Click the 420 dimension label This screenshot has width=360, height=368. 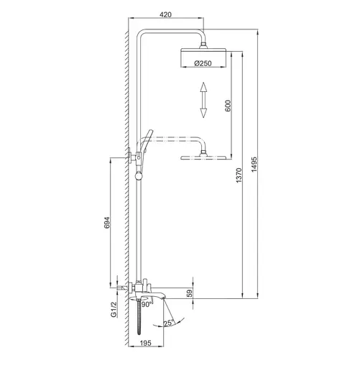[165, 14]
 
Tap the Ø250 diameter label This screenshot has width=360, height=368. [203, 63]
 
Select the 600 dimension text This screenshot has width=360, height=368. [228, 106]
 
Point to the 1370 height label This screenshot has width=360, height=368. [239, 175]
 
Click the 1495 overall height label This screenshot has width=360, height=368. [254, 165]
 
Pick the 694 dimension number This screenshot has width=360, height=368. [107, 223]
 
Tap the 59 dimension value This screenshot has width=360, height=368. [190, 293]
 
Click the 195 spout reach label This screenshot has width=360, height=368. [146, 343]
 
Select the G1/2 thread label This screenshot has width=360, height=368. [114, 309]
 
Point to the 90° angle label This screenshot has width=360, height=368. [147, 305]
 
